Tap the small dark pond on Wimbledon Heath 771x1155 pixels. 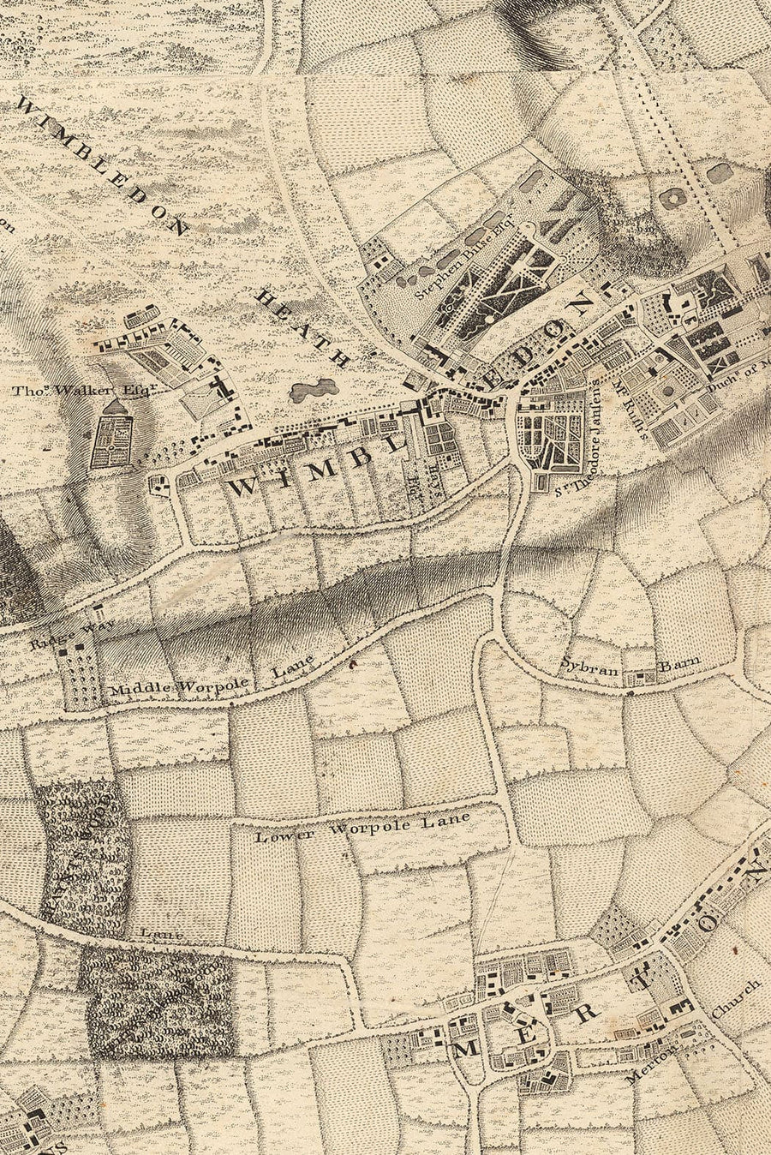(x=313, y=390)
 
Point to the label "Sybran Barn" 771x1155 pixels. (x=631, y=662)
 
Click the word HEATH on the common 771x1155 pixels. (x=303, y=328)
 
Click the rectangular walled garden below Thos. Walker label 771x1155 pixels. (x=112, y=443)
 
